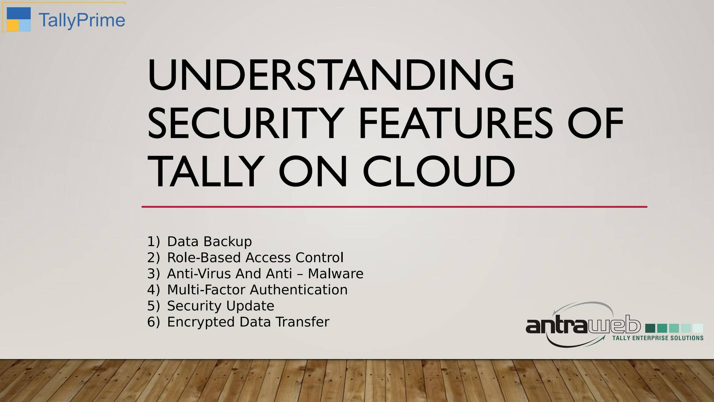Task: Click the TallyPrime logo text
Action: click(x=82, y=20)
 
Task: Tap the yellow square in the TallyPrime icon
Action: click(x=13, y=25)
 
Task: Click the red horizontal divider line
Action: click(x=394, y=207)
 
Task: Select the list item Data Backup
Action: click(x=210, y=241)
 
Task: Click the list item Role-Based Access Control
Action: click(x=255, y=258)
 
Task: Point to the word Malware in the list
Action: click(x=335, y=274)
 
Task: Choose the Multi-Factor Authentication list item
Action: click(x=257, y=290)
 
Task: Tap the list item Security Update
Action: click(x=221, y=306)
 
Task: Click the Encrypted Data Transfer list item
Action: click(x=248, y=322)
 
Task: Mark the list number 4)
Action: click(x=153, y=290)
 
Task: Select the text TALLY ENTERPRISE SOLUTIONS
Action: click(x=658, y=338)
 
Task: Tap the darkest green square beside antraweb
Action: click(x=650, y=328)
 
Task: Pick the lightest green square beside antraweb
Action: click(x=698, y=328)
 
